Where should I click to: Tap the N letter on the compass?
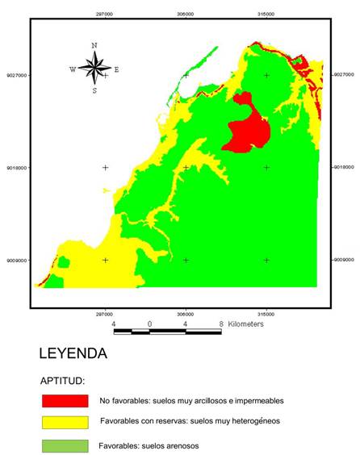pyautogui.click(x=94, y=46)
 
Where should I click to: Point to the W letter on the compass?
pyautogui.click(x=73, y=69)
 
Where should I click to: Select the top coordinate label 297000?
pyautogui.click(x=104, y=13)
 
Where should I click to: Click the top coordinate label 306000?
pyautogui.click(x=185, y=13)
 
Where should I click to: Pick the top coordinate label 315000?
pyautogui.click(x=266, y=13)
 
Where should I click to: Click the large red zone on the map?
pyautogui.click(x=248, y=129)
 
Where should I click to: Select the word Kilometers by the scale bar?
pyautogui.click(x=246, y=324)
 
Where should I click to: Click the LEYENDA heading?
pyautogui.click(x=73, y=353)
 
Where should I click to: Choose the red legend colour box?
pyautogui.click(x=65, y=400)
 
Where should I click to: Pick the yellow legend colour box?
pyautogui.click(x=65, y=422)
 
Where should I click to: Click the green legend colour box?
pyautogui.click(x=65, y=445)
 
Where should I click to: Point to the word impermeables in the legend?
pyautogui.click(x=256, y=400)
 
